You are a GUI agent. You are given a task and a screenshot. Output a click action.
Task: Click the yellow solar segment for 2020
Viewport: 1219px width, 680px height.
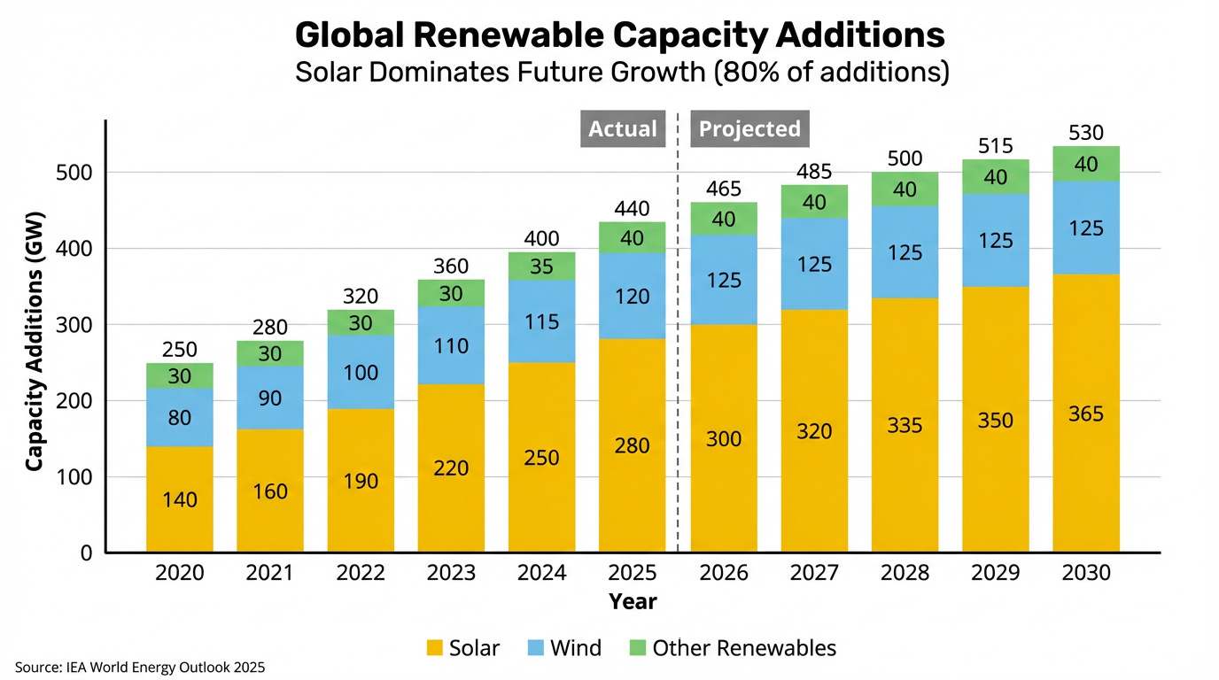click(x=180, y=498)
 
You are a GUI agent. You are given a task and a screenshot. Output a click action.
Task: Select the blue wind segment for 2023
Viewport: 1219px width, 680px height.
click(x=452, y=345)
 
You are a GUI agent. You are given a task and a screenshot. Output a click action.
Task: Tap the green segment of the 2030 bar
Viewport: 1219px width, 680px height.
click(x=1086, y=164)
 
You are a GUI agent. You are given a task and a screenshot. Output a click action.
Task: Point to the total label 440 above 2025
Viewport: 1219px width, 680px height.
click(x=632, y=210)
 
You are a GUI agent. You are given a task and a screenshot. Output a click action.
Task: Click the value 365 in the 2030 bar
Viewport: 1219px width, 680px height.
click(x=1086, y=413)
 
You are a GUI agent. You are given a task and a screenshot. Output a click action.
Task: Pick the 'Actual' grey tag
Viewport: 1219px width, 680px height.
click(x=623, y=129)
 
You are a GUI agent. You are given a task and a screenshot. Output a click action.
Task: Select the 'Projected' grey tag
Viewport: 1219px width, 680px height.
click(x=749, y=129)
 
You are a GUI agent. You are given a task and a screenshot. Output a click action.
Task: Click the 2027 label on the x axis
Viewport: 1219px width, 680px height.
click(x=814, y=573)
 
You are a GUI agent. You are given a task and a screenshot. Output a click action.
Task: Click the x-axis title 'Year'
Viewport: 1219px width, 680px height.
click(x=633, y=602)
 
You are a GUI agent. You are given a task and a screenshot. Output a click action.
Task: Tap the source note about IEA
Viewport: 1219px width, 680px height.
click(x=139, y=667)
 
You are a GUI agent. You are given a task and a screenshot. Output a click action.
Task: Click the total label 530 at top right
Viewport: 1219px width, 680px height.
click(x=1086, y=134)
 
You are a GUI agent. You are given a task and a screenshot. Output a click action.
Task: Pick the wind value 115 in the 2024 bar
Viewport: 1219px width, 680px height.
click(x=542, y=321)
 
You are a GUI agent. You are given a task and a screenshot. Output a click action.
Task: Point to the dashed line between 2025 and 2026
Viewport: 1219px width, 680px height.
click(x=678, y=354)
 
